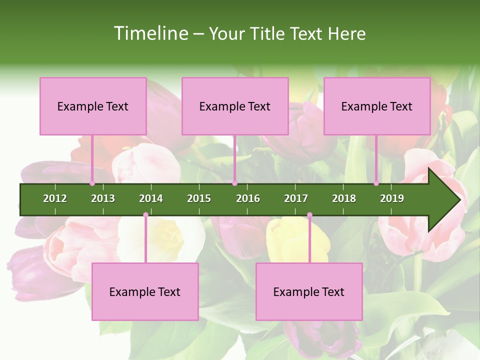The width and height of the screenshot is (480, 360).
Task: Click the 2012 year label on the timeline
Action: pyautogui.click(x=55, y=198)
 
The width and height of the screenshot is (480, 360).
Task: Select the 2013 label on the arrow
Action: pyautogui.click(x=103, y=198)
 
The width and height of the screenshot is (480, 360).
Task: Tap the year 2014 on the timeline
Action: pyautogui.click(x=151, y=198)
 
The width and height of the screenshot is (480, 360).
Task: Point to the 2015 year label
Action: pyautogui.click(x=199, y=198)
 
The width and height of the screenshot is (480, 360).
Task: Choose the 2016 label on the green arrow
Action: pyautogui.click(x=248, y=198)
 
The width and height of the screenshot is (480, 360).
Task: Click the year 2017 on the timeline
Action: pyautogui.click(x=296, y=198)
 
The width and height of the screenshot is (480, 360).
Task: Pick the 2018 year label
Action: pyautogui.click(x=344, y=198)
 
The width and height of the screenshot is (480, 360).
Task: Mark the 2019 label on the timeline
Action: pyautogui.click(x=392, y=198)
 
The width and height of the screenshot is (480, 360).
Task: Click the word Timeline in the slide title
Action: pyautogui.click(x=150, y=33)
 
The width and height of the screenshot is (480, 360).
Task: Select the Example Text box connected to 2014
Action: pyautogui.click(x=145, y=291)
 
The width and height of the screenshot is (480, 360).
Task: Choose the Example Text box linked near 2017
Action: pyautogui.click(x=309, y=291)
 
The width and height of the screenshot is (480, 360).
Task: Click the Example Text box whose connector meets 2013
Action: pyautogui.click(x=93, y=106)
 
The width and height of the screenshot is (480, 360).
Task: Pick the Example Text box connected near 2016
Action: pyautogui.click(x=235, y=106)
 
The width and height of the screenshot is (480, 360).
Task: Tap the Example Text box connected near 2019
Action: pyautogui.click(x=377, y=106)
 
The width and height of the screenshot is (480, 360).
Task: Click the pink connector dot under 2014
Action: pyautogui.click(x=145, y=215)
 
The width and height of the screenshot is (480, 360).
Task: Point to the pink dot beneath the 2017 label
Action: pyautogui.click(x=309, y=215)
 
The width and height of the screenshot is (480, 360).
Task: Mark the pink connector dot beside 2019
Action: pyautogui.click(x=376, y=183)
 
